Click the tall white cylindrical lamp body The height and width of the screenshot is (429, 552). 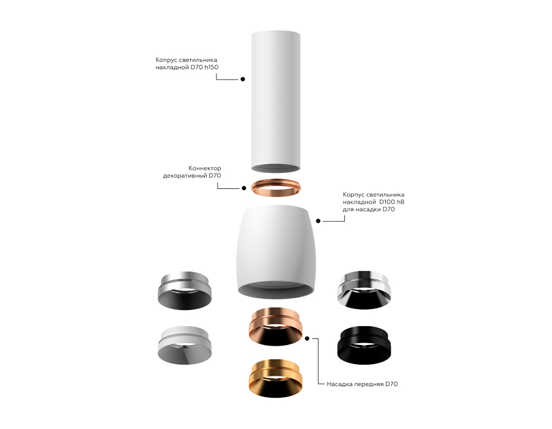point(275,98)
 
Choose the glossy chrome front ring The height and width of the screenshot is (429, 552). point(364,288)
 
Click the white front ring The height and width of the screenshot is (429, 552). point(185,348)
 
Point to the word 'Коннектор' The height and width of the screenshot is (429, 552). point(205,168)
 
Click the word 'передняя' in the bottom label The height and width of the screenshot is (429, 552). point(370,384)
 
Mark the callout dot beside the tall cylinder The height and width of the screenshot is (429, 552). point(243,79)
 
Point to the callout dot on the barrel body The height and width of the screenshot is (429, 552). point(318,220)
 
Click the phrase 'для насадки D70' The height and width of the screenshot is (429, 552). point(369,210)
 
